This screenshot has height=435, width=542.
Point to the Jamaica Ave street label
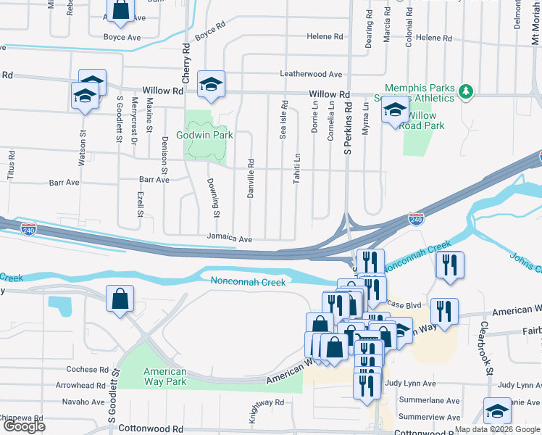[229, 238]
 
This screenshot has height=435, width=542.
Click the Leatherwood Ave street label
[311, 74]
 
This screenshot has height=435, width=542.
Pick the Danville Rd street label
[250, 179]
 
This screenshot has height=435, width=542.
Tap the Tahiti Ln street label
[297, 168]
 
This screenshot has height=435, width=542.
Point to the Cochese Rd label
[86, 369]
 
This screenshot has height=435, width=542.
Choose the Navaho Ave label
[83, 401]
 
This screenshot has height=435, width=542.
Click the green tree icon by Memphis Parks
[467, 91]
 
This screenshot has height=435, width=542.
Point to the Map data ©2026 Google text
[497, 429]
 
